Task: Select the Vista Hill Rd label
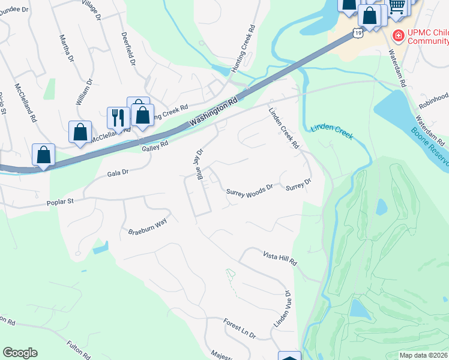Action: tap(280, 259)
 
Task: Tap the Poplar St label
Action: tap(61, 203)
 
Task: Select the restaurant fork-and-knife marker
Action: tap(117, 116)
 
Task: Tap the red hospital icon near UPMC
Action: tap(397, 37)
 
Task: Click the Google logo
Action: tap(20, 352)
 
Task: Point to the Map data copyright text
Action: tap(423, 355)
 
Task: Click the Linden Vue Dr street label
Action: tap(282, 310)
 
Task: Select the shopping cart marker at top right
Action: tap(397, 6)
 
